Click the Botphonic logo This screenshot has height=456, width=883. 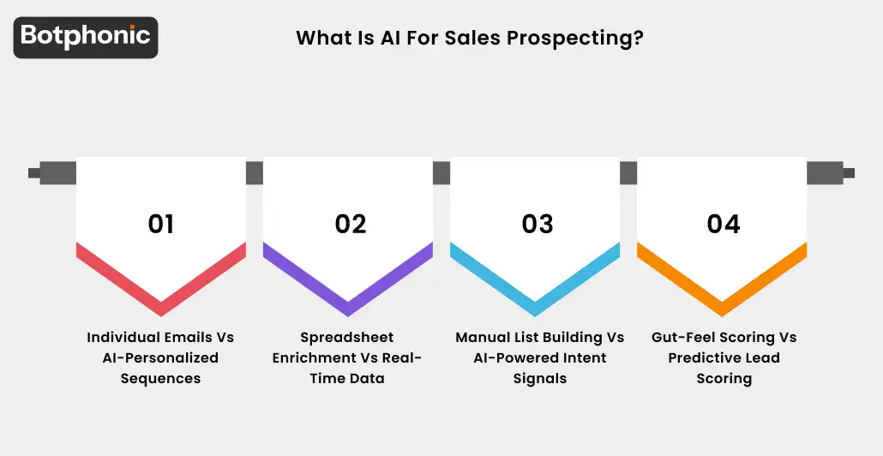point(86,37)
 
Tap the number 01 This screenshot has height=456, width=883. point(161,224)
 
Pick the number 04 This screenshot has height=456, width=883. point(724,224)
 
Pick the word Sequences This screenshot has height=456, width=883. point(161,378)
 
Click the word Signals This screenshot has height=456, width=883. point(540,378)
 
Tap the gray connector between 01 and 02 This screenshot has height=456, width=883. point(255,173)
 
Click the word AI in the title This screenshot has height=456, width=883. point(391,39)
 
